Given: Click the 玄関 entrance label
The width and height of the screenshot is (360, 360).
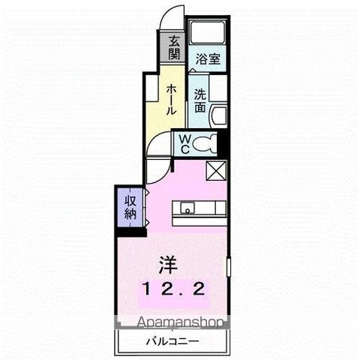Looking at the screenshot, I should [x=174, y=48].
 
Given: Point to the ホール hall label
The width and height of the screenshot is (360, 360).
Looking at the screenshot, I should [x=171, y=98].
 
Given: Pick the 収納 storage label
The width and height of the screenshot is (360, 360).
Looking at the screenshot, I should [x=128, y=205].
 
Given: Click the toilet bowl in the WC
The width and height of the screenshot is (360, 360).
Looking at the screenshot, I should [x=211, y=142].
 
